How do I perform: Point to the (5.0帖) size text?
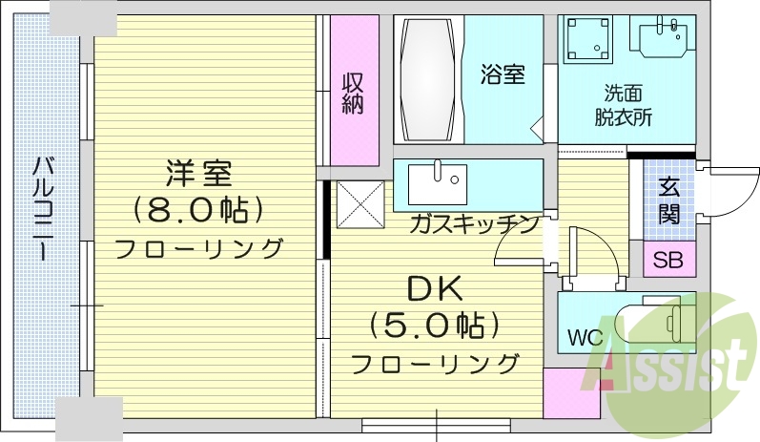coord(434,326)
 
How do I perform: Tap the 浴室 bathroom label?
coord(502,74)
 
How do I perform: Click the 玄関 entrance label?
coord(669,200)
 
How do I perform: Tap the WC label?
coord(584,337)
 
